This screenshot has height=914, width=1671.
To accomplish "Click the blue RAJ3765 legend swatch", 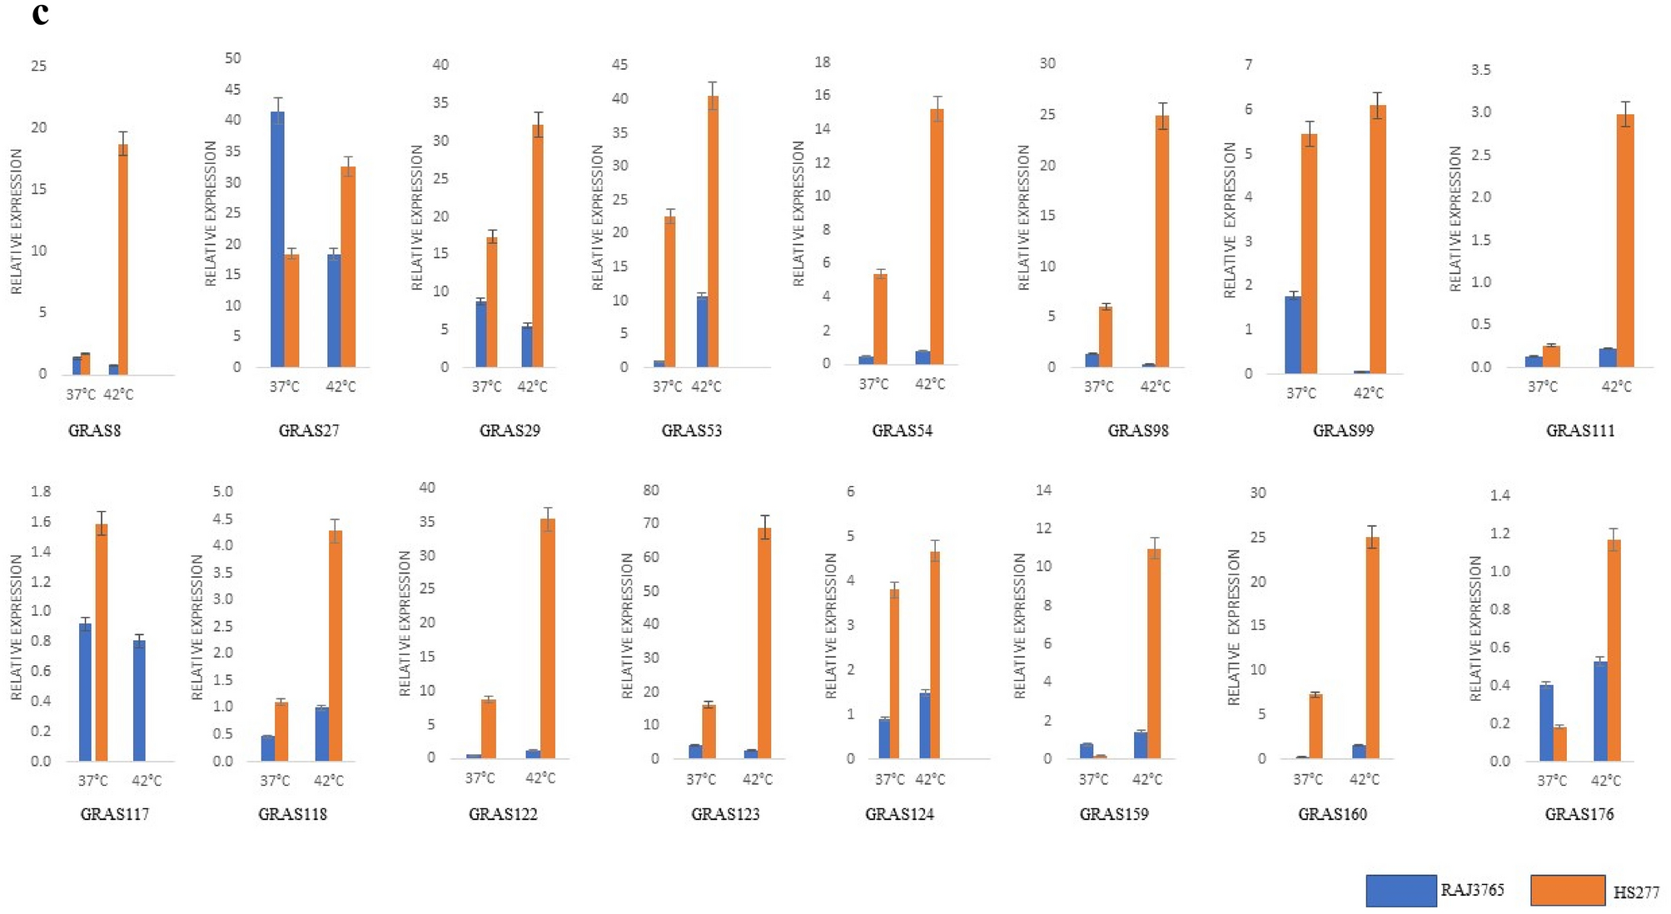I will pos(1400,890).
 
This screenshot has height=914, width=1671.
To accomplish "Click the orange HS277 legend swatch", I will pos(1567,890).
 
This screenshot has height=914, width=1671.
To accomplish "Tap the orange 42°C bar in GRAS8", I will pos(123,258).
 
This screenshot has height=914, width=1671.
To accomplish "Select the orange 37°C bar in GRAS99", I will pos(1309,253).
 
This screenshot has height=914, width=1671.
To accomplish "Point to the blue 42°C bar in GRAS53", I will pos(702,331).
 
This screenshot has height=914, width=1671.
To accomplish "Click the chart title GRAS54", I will pos(902,430).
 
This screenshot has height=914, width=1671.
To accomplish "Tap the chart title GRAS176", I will pos(1579,814).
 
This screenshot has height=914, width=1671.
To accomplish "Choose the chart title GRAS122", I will pos(503,814).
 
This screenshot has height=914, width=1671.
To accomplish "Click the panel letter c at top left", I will pos(40,14).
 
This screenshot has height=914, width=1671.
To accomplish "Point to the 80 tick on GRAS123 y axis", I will pos(651,490).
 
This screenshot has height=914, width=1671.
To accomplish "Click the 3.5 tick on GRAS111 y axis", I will pos(1480,70).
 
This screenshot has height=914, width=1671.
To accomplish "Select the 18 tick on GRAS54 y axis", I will pos(823,62).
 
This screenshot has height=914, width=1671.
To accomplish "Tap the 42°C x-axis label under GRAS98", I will pos(1155,386).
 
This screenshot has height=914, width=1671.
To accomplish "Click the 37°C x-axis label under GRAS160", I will pos(1307,779).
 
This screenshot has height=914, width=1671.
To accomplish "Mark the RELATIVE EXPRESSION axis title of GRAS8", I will pos(17,221).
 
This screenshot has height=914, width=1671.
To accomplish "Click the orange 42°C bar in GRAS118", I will pos(335,645).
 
